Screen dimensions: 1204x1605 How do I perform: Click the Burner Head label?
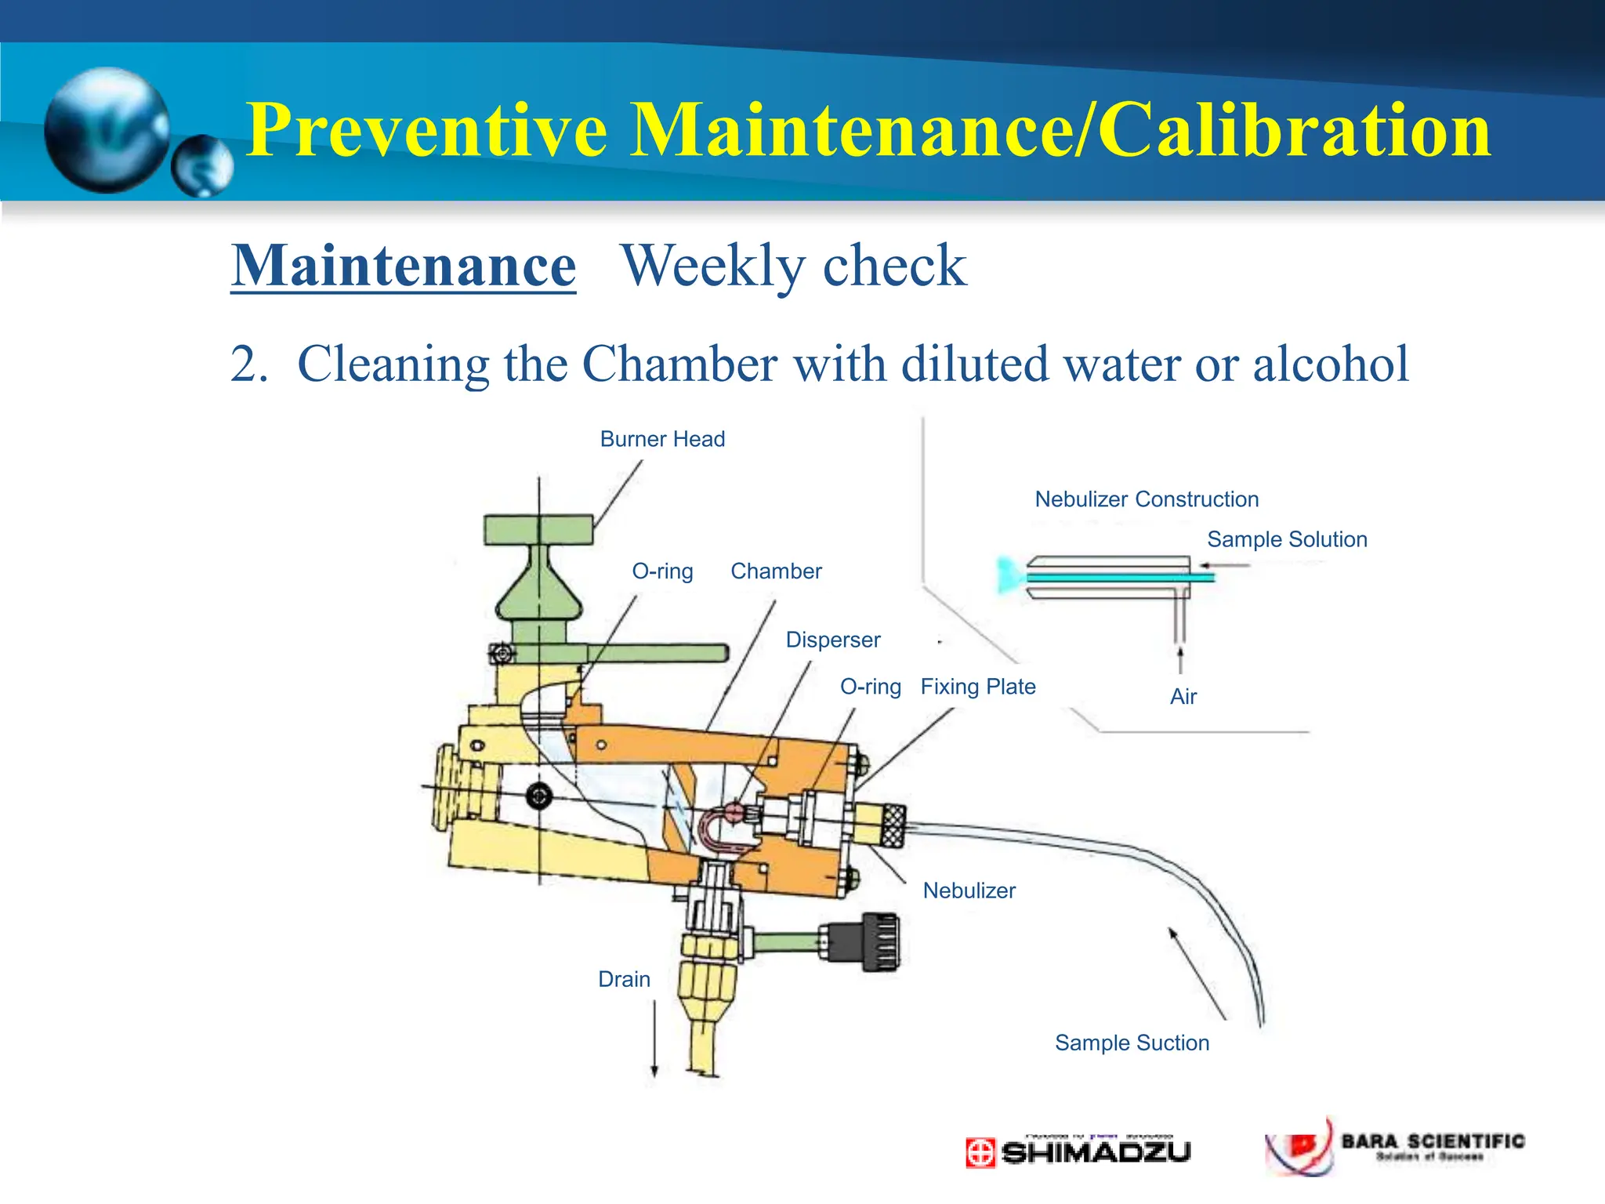[662, 439]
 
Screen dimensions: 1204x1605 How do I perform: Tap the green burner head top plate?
[538, 530]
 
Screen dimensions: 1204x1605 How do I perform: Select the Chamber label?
[776, 571]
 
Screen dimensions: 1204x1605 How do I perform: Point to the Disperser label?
[832, 640]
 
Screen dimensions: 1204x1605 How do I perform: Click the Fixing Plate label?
[977, 687]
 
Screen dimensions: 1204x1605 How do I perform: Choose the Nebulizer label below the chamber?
[969, 890]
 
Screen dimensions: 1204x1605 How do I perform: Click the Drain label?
[624, 979]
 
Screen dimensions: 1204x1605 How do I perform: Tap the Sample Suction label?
[1132, 1043]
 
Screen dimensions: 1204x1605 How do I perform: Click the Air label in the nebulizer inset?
[1183, 696]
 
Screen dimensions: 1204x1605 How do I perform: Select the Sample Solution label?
[1287, 539]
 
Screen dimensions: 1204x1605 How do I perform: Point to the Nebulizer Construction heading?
[1147, 499]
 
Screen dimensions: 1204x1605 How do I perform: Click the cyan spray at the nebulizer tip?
[1006, 575]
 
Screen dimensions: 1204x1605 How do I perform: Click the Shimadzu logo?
[1078, 1151]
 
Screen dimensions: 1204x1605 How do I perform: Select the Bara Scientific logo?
[1395, 1147]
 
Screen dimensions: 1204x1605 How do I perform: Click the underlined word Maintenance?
[404, 267]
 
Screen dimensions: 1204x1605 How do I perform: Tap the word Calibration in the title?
[1293, 130]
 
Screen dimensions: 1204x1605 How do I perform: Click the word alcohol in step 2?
[1330, 364]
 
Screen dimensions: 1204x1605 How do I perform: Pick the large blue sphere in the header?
[107, 130]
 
